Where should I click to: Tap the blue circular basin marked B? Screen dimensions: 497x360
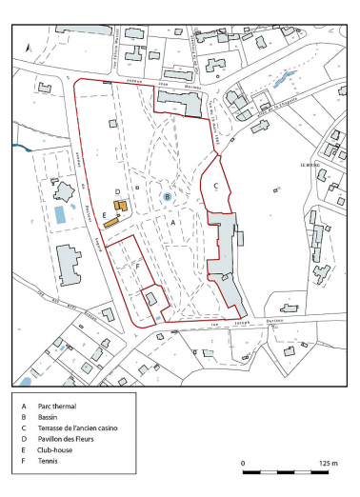coord(168,196)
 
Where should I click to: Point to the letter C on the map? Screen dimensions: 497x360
coord(217,185)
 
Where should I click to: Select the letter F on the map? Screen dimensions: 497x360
coord(139,267)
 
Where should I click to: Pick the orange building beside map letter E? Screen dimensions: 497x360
coord(111,221)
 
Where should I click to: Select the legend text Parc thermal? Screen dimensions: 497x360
coord(56,404)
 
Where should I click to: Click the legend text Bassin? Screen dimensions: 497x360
coord(47,417)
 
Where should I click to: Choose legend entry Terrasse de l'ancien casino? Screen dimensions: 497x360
coord(76,429)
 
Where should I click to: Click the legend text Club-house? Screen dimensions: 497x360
coord(53,454)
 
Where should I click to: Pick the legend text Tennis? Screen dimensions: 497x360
coord(46,467)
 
